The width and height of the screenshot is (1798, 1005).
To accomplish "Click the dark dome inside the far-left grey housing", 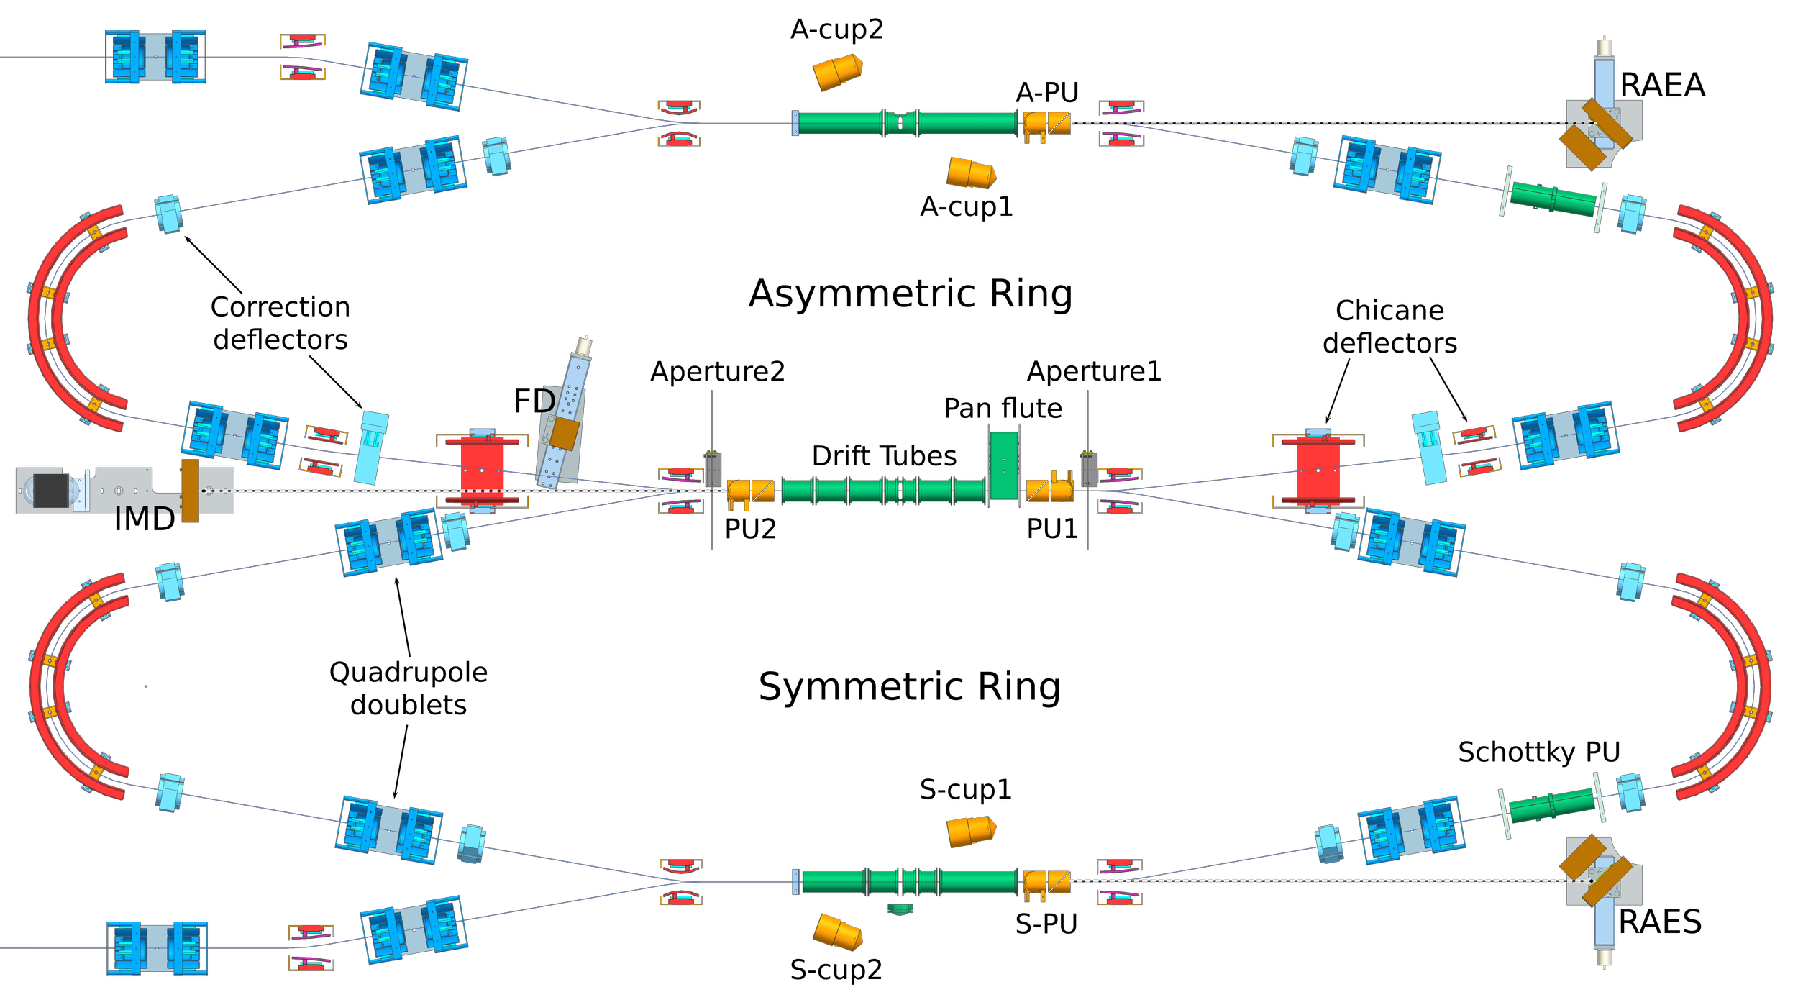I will (49, 491).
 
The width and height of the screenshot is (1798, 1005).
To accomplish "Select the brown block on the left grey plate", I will (190, 491).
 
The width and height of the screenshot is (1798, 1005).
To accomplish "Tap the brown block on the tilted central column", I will (565, 435).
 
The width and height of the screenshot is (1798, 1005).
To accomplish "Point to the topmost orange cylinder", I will (837, 71).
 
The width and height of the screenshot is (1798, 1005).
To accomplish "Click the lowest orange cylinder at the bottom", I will (837, 933).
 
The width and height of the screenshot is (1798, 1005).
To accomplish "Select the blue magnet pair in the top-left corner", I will (156, 57).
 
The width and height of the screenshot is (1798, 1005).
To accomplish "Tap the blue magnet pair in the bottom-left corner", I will (157, 948).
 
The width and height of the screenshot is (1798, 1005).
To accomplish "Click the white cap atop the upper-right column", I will (1604, 47).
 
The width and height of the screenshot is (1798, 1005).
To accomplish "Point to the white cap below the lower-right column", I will (1604, 957).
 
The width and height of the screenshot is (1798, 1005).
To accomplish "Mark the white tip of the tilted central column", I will (583, 346).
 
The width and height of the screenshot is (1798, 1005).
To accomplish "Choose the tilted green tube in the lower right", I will (1551, 806).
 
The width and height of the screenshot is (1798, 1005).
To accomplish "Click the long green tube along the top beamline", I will (908, 123).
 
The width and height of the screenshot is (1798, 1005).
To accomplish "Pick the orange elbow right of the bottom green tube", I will (1046, 882).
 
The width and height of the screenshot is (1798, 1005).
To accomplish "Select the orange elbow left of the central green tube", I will (750, 491).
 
